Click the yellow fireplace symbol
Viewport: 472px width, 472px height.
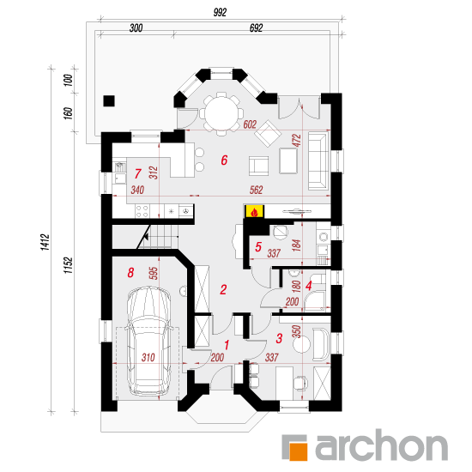tap(255, 211)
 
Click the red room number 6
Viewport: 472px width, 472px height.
tap(224, 160)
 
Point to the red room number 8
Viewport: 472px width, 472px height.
tap(130, 273)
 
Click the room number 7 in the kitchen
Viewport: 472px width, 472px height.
tap(137, 173)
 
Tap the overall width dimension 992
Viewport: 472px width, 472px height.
tap(220, 12)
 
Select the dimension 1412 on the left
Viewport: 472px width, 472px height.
tap(45, 242)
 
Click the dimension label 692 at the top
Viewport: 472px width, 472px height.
tap(257, 28)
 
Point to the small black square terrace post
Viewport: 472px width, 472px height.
tap(109, 101)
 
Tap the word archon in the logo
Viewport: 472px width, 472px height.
tap(381, 445)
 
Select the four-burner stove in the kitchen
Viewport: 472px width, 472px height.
tap(142, 211)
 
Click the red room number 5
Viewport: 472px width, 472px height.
tap(258, 247)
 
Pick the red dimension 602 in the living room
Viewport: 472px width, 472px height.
tap(250, 124)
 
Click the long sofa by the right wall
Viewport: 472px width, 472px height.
tap(318, 161)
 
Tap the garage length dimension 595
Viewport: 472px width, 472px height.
tap(154, 273)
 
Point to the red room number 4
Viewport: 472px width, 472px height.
tap(308, 286)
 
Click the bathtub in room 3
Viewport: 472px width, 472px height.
tap(321, 344)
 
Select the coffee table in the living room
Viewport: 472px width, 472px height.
tap(288, 160)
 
